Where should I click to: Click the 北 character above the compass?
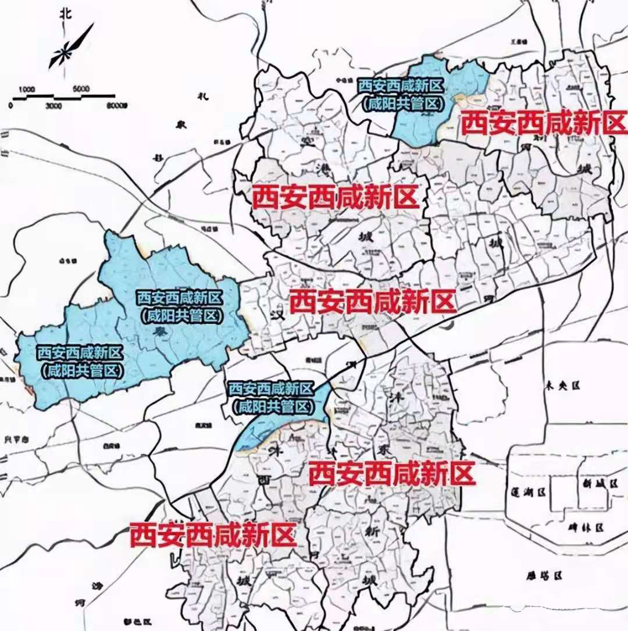pyautogui.click(x=66, y=16)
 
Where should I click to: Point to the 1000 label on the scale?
pyautogui.click(x=27, y=90)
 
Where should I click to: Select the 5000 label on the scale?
pyautogui.click(x=81, y=88)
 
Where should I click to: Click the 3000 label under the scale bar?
pyautogui.click(x=53, y=106)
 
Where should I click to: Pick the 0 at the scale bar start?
pyautogui.click(x=10, y=106)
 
